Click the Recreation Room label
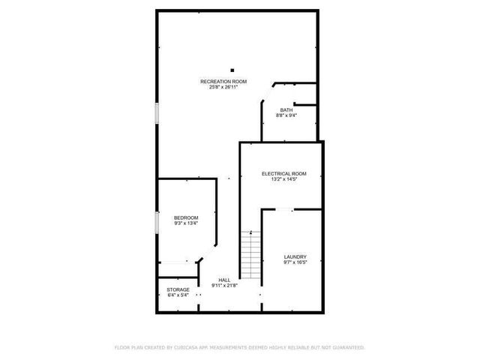(223, 81)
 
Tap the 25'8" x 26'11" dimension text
(223, 86)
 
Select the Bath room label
(286, 110)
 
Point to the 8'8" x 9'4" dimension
(286, 115)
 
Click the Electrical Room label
(283, 174)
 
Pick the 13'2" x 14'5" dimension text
(283, 179)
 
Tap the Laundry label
(295, 257)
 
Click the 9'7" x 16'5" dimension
(295, 262)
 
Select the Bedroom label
(186, 217)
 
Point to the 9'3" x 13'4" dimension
(186, 223)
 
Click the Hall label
(223, 280)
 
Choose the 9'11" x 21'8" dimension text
(223, 285)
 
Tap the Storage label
(178, 289)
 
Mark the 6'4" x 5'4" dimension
(178, 295)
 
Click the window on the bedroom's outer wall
(157, 223)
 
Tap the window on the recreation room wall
(157, 112)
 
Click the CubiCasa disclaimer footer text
(239, 347)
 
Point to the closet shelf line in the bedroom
(176, 262)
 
